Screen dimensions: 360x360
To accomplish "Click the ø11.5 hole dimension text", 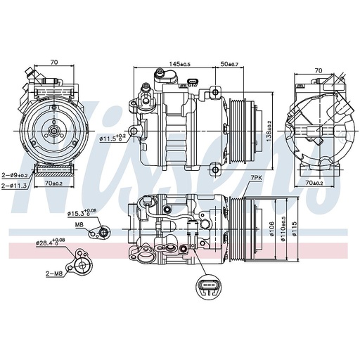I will tap(112, 138).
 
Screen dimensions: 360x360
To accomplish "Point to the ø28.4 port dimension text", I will tap(51, 243).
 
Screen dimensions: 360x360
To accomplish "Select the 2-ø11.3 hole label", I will tap(15, 185).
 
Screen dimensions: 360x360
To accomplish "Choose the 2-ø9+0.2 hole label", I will tap(15, 174).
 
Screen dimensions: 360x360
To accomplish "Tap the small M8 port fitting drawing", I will tap(104, 231).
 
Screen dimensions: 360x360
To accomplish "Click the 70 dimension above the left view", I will tap(53, 63).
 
